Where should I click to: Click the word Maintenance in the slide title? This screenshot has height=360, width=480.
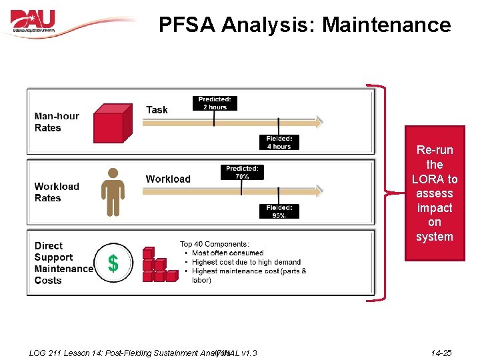387,25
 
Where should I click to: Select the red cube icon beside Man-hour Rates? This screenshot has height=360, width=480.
109,123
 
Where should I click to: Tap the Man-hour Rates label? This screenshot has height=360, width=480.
57,122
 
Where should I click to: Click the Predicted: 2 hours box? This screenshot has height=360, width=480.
215,103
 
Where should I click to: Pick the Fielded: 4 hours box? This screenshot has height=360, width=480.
279,143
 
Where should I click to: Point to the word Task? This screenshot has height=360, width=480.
157,110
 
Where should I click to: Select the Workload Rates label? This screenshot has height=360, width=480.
57,192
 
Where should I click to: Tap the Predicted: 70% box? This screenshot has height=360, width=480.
241,173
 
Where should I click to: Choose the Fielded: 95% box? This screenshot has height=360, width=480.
279,211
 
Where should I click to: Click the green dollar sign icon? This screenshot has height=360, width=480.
113,264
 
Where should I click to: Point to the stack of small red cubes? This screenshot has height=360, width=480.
159,265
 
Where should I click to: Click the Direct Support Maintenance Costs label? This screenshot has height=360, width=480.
63,263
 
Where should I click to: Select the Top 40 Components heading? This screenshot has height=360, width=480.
214,244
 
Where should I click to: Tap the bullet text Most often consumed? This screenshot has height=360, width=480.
227,253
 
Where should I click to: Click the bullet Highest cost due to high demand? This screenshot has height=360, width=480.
246,262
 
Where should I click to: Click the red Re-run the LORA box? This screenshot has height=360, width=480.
434,193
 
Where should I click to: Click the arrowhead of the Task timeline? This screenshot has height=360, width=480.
319,122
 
